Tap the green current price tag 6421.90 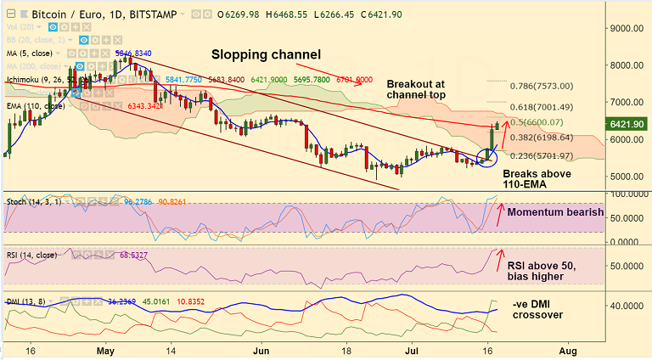click(x=629, y=124)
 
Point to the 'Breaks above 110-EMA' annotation click(x=537, y=178)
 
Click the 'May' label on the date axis click(x=105, y=350)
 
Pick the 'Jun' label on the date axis click(x=261, y=350)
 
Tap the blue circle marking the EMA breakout click(x=486, y=156)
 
